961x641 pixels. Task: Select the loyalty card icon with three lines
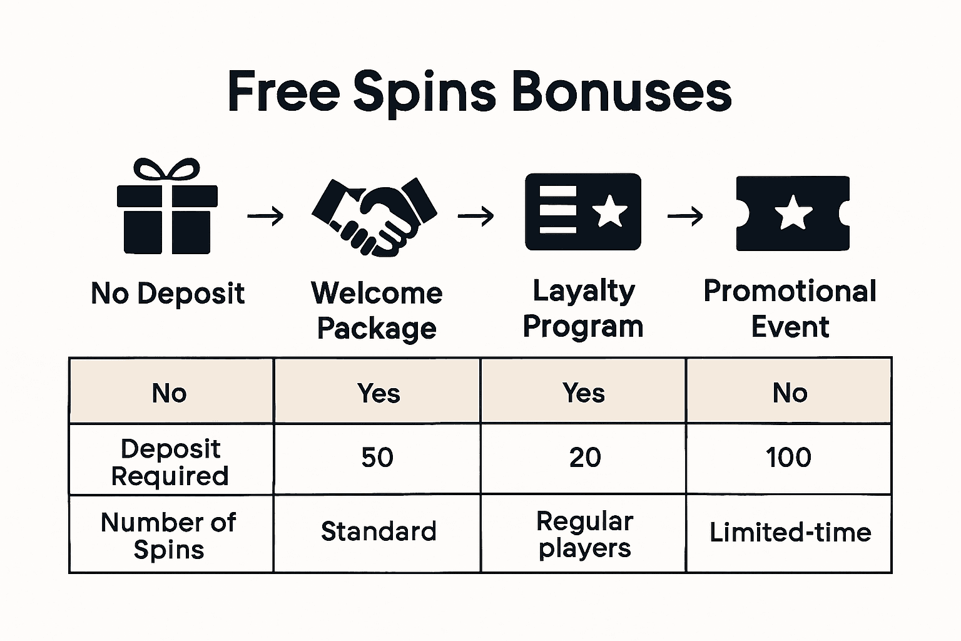[x=582, y=212]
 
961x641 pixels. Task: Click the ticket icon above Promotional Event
[x=792, y=213]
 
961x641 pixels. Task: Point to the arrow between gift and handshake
[x=265, y=217]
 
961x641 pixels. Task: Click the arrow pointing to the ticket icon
[x=686, y=217]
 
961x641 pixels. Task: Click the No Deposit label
[x=168, y=294]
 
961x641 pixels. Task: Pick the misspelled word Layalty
[x=583, y=291]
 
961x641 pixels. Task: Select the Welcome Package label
[x=377, y=310]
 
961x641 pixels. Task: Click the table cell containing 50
[x=377, y=458]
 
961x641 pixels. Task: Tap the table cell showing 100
[x=788, y=458]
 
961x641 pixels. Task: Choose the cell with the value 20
[x=584, y=458]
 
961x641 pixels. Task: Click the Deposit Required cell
[x=170, y=462]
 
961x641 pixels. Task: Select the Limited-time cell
[x=790, y=533]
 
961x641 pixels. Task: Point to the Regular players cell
[x=584, y=534]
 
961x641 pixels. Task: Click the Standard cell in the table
[x=378, y=532]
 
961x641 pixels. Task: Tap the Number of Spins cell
[x=169, y=535]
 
